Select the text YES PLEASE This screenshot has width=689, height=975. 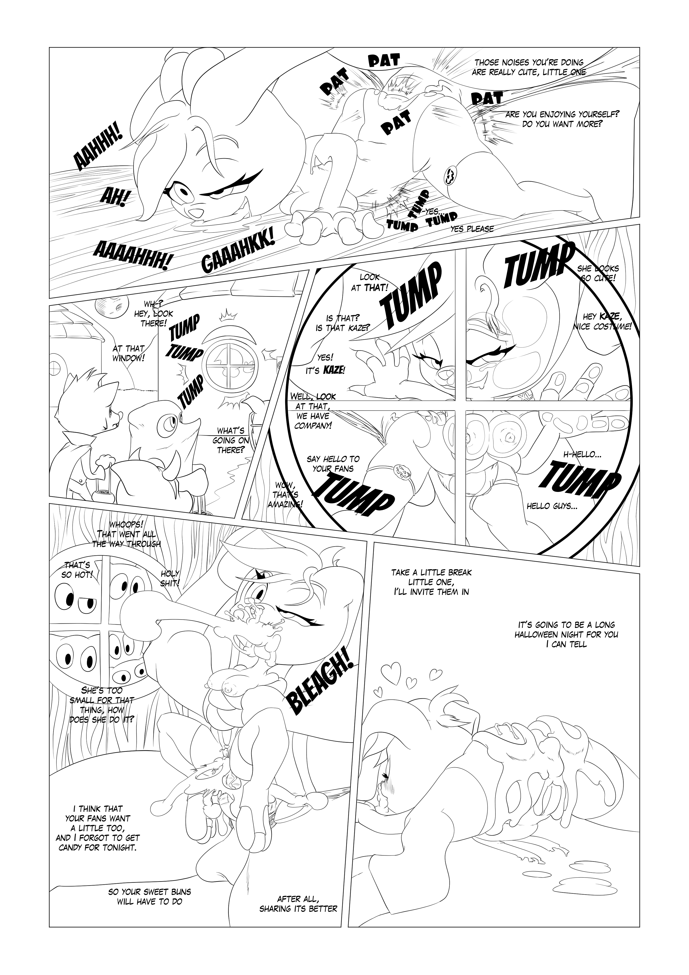click(x=472, y=229)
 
